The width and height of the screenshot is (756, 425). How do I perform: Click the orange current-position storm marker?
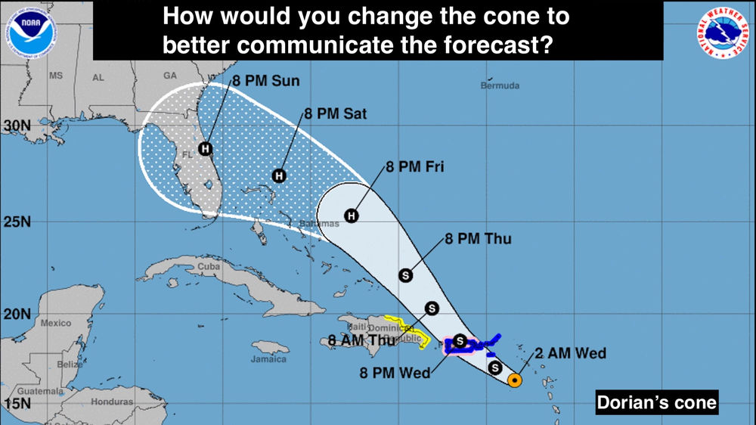tap(514, 380)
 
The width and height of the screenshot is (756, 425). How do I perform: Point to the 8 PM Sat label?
tap(335, 114)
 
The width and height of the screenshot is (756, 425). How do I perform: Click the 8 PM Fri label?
tap(414, 166)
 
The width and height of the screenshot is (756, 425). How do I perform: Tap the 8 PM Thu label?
tap(478, 239)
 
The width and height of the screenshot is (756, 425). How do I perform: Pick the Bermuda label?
tap(500, 85)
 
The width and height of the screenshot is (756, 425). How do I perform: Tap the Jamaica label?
tap(269, 358)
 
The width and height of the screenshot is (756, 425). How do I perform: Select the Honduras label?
tap(111, 402)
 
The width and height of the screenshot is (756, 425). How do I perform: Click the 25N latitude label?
tap(15, 222)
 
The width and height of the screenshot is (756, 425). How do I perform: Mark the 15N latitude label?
tap(15, 403)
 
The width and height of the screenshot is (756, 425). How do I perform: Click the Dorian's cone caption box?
tap(656, 402)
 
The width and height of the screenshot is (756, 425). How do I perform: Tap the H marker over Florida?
tap(204, 148)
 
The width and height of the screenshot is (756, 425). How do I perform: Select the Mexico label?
tap(55, 323)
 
